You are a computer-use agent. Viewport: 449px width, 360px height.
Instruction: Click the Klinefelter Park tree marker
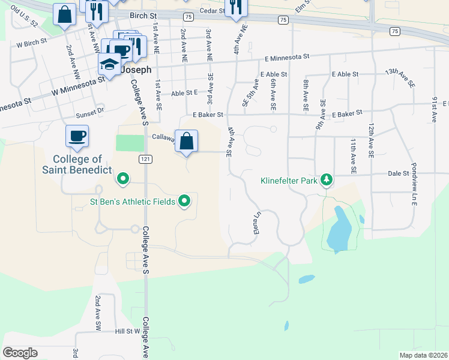pos(326,179)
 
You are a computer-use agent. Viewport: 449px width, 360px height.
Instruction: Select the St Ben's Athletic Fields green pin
pos(184,201)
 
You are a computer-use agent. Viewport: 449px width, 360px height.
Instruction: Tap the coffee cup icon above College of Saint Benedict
pos(77,136)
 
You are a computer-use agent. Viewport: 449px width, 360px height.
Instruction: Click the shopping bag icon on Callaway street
pos(187,142)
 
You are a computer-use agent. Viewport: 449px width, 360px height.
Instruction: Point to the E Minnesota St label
pos(287,58)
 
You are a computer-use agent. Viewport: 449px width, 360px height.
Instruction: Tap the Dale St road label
pos(398,173)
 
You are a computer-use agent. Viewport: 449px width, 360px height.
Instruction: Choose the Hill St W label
pos(127,331)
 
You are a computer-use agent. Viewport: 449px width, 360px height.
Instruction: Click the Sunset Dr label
pos(90,112)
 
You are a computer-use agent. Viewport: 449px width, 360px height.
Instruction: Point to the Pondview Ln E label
pos(413,183)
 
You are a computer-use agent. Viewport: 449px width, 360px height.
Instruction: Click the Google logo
pos(20,353)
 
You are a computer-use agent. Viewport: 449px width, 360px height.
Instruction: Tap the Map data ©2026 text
pos(422,355)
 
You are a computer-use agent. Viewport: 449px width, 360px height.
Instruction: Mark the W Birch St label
pos(31,44)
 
